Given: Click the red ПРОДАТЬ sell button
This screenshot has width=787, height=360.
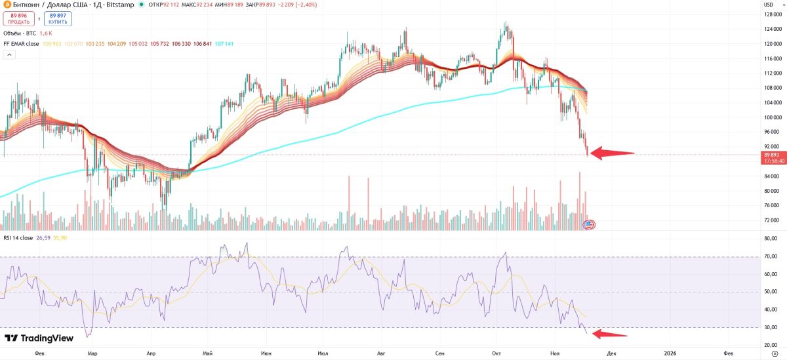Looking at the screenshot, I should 18,18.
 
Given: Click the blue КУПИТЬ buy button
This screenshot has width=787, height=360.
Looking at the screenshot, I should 58,18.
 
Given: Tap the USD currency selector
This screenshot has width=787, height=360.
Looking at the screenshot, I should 768,5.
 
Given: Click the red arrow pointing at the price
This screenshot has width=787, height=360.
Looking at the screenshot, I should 613,153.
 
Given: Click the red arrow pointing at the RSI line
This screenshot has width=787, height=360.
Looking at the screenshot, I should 609,334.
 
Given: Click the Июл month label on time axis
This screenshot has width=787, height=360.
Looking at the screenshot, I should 323,353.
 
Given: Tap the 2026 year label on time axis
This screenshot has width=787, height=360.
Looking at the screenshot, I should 670,353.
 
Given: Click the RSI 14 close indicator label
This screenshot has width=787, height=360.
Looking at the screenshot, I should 19,238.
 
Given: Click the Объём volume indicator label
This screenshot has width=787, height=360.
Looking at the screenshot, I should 20,33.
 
